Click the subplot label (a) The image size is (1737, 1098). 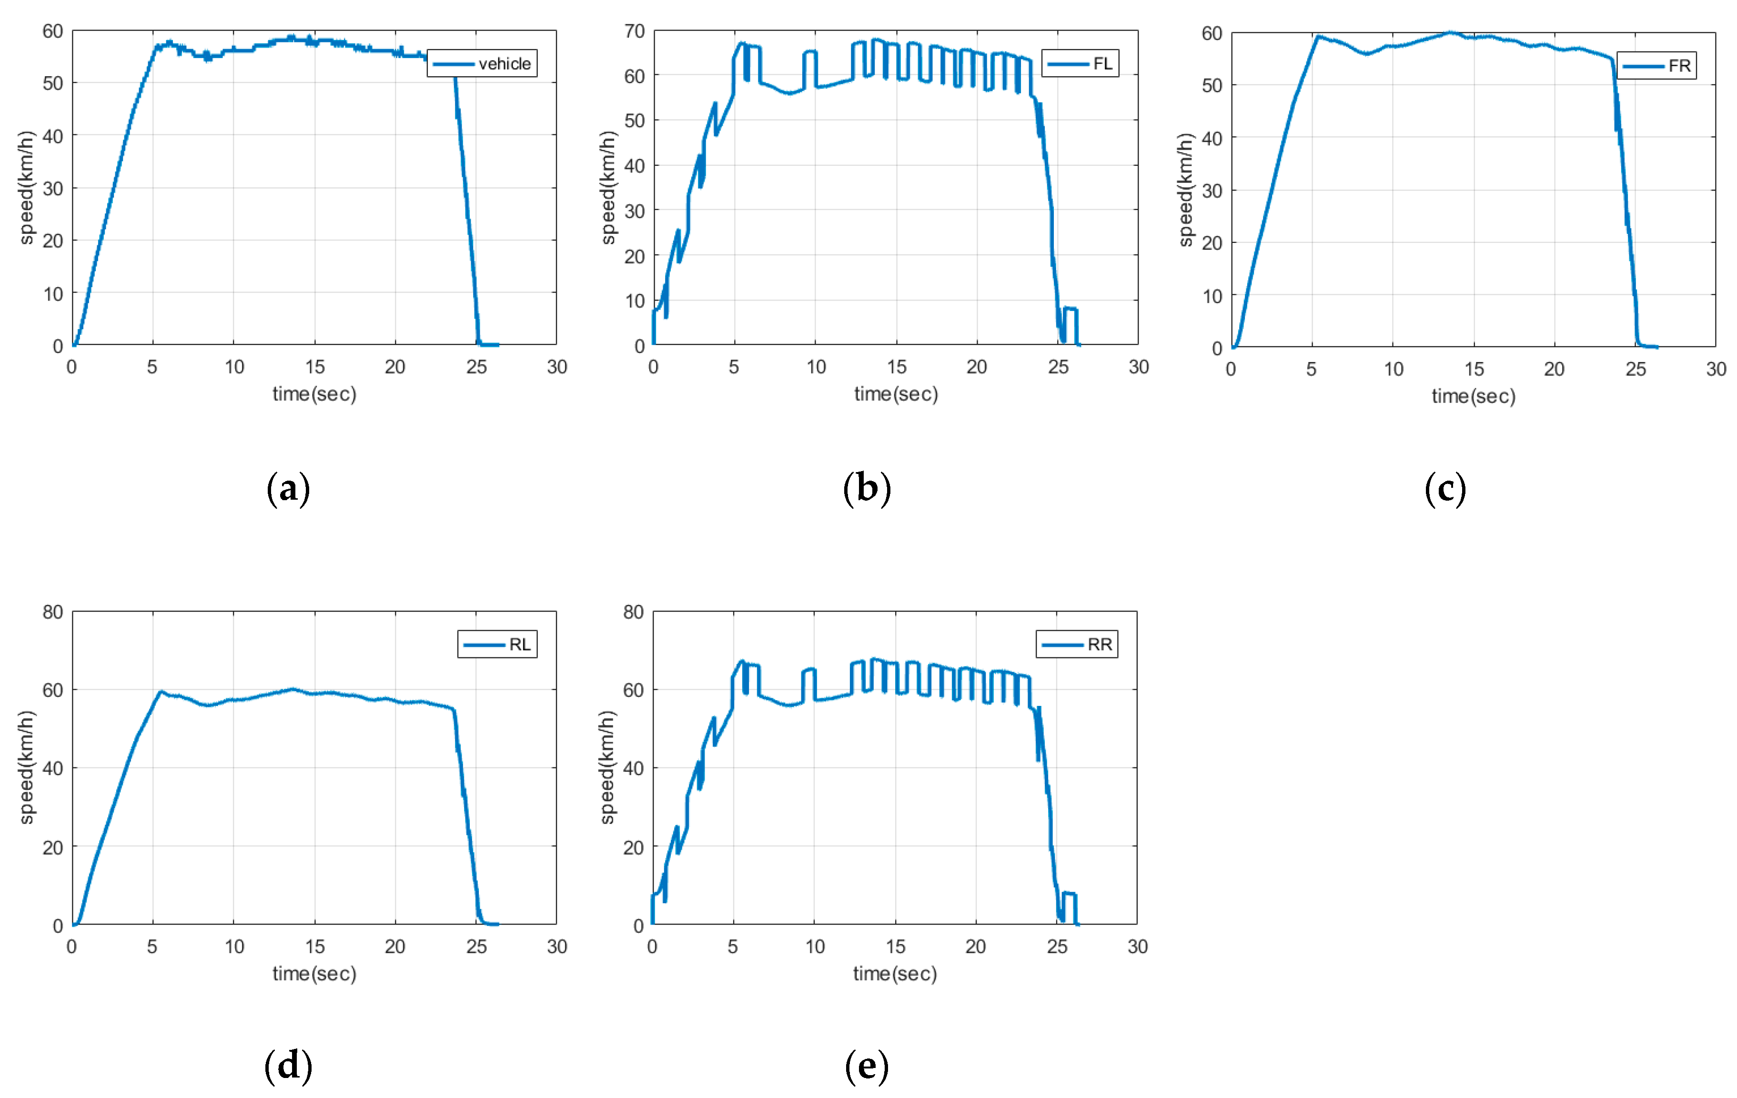[289, 489]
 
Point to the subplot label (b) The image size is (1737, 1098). [867, 489]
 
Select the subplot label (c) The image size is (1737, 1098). [1445, 489]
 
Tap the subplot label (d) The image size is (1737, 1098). [289, 1066]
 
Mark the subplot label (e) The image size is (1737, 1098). [867, 1066]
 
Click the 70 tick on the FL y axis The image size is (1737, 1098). [635, 31]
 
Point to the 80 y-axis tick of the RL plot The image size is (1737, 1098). [53, 612]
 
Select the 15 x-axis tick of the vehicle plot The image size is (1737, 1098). [314, 366]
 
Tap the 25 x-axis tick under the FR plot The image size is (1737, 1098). [1636, 369]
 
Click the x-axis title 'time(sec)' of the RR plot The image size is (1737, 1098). [895, 974]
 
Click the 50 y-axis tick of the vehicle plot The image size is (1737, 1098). [53, 83]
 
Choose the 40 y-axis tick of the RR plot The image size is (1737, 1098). [633, 768]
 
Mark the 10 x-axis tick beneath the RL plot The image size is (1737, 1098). [234, 947]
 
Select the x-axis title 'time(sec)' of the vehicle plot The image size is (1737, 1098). [314, 394]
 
